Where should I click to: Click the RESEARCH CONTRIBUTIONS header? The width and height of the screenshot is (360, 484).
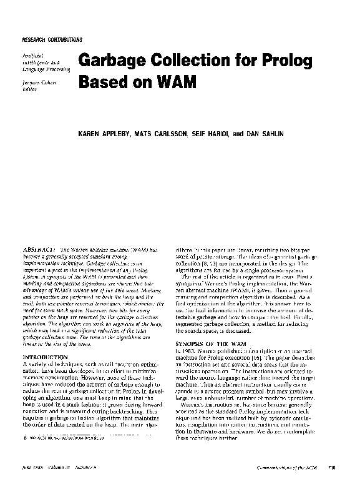pos(52,39)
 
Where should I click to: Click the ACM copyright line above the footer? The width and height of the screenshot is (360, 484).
pos(65,439)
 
